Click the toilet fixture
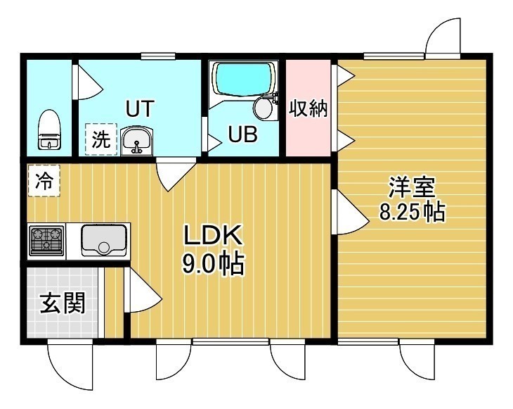click(x=49, y=130)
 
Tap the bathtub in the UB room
click(x=244, y=79)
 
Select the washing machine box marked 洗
click(x=101, y=139)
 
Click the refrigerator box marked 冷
click(x=44, y=181)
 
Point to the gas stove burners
click(x=46, y=241)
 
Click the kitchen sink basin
click(x=104, y=240)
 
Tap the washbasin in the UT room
click(x=136, y=141)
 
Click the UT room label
click(x=140, y=108)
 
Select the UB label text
click(x=242, y=134)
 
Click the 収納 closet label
click(x=308, y=108)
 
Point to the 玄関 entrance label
click(x=63, y=303)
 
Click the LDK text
click(x=213, y=234)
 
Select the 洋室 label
click(x=412, y=187)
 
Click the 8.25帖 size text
click(x=413, y=212)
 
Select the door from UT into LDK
click(x=176, y=174)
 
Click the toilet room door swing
click(x=88, y=82)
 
